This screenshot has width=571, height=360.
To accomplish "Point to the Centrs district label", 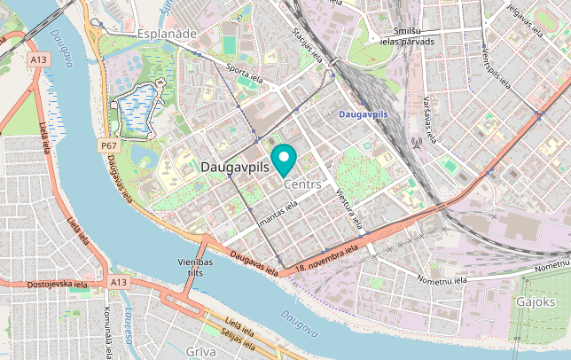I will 302,184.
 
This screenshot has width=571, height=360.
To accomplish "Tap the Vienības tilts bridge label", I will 195,269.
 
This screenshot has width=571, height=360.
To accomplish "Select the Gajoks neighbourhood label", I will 536,302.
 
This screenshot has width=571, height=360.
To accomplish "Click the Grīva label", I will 201,352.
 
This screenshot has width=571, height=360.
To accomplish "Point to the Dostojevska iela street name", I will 57,285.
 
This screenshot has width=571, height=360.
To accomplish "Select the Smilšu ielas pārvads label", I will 407,35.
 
